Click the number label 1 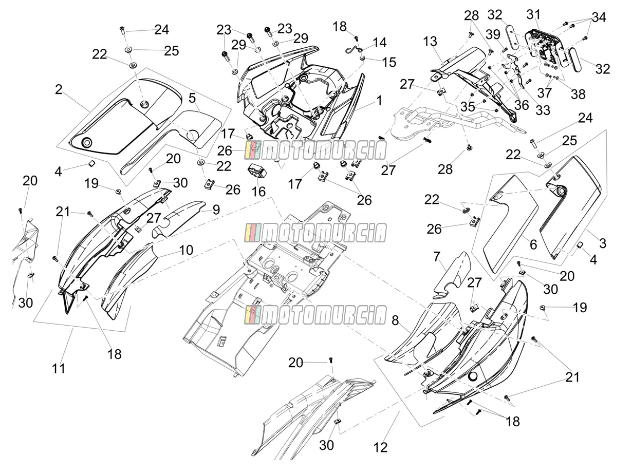[379, 101]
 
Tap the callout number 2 [59, 89]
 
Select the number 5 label [192, 98]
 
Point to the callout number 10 [186, 250]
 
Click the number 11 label [59, 368]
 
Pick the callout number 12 [380, 447]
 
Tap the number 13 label [430, 42]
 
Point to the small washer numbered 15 [362, 59]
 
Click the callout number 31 [533, 14]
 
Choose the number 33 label [543, 110]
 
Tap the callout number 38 [578, 94]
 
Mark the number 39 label [493, 35]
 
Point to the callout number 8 [395, 320]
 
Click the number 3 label [603, 243]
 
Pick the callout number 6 [533, 245]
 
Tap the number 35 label [468, 107]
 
